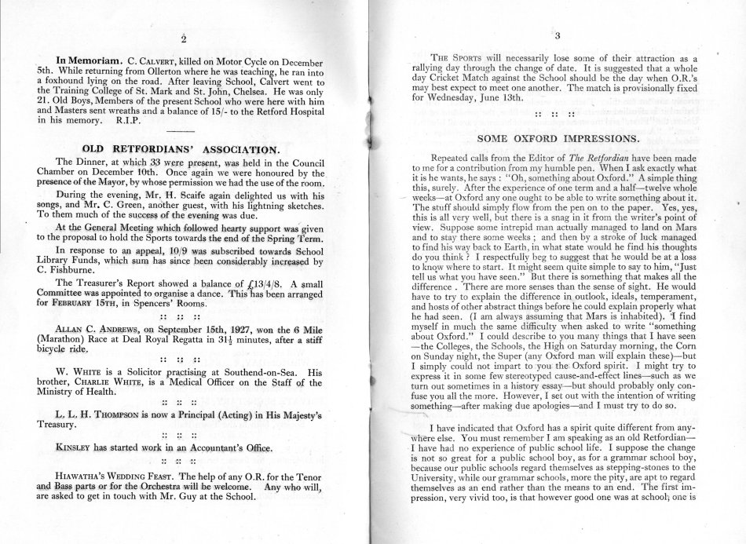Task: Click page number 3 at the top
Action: [557, 36]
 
